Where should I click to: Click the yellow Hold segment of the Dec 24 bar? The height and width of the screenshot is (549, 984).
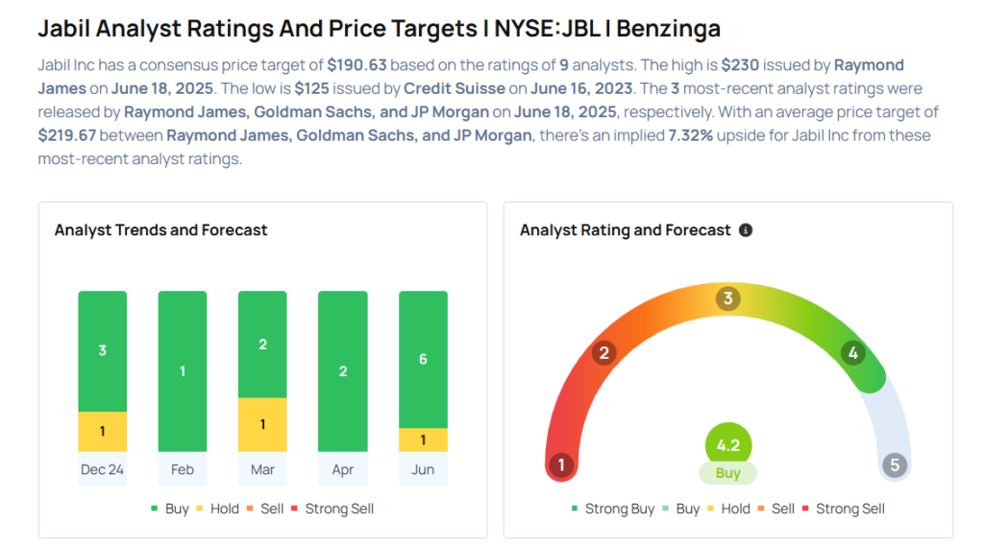tap(102, 431)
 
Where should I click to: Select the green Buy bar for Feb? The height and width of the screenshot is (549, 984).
tap(183, 371)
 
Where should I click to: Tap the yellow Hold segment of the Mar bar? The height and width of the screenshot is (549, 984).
tap(262, 424)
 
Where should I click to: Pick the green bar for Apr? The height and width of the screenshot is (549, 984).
tap(343, 371)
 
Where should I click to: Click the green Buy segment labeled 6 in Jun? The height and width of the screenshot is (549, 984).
tap(423, 359)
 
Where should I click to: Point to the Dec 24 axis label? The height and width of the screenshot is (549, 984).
tap(102, 469)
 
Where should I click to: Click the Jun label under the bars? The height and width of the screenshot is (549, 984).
tap(423, 469)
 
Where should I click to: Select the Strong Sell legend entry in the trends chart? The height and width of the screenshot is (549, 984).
tap(332, 509)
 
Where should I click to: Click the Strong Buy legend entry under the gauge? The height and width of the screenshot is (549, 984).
tap(613, 509)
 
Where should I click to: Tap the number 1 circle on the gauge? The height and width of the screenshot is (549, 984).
tap(561, 465)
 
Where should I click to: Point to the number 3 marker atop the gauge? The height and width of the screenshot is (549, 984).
tap(728, 298)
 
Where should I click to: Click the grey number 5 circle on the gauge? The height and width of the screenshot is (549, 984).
tap(895, 465)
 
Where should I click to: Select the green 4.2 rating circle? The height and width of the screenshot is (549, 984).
tap(728, 445)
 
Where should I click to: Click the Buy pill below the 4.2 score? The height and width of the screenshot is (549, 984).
tap(728, 473)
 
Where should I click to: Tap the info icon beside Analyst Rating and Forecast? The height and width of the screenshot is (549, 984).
tap(746, 230)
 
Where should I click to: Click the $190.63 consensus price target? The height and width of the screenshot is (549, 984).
tap(357, 65)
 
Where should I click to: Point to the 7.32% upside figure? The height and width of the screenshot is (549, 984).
tap(690, 135)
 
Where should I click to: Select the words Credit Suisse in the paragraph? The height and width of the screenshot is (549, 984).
tap(455, 88)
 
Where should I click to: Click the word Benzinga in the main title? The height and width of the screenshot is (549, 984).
tap(668, 29)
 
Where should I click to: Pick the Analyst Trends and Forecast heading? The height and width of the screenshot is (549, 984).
tap(160, 230)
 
